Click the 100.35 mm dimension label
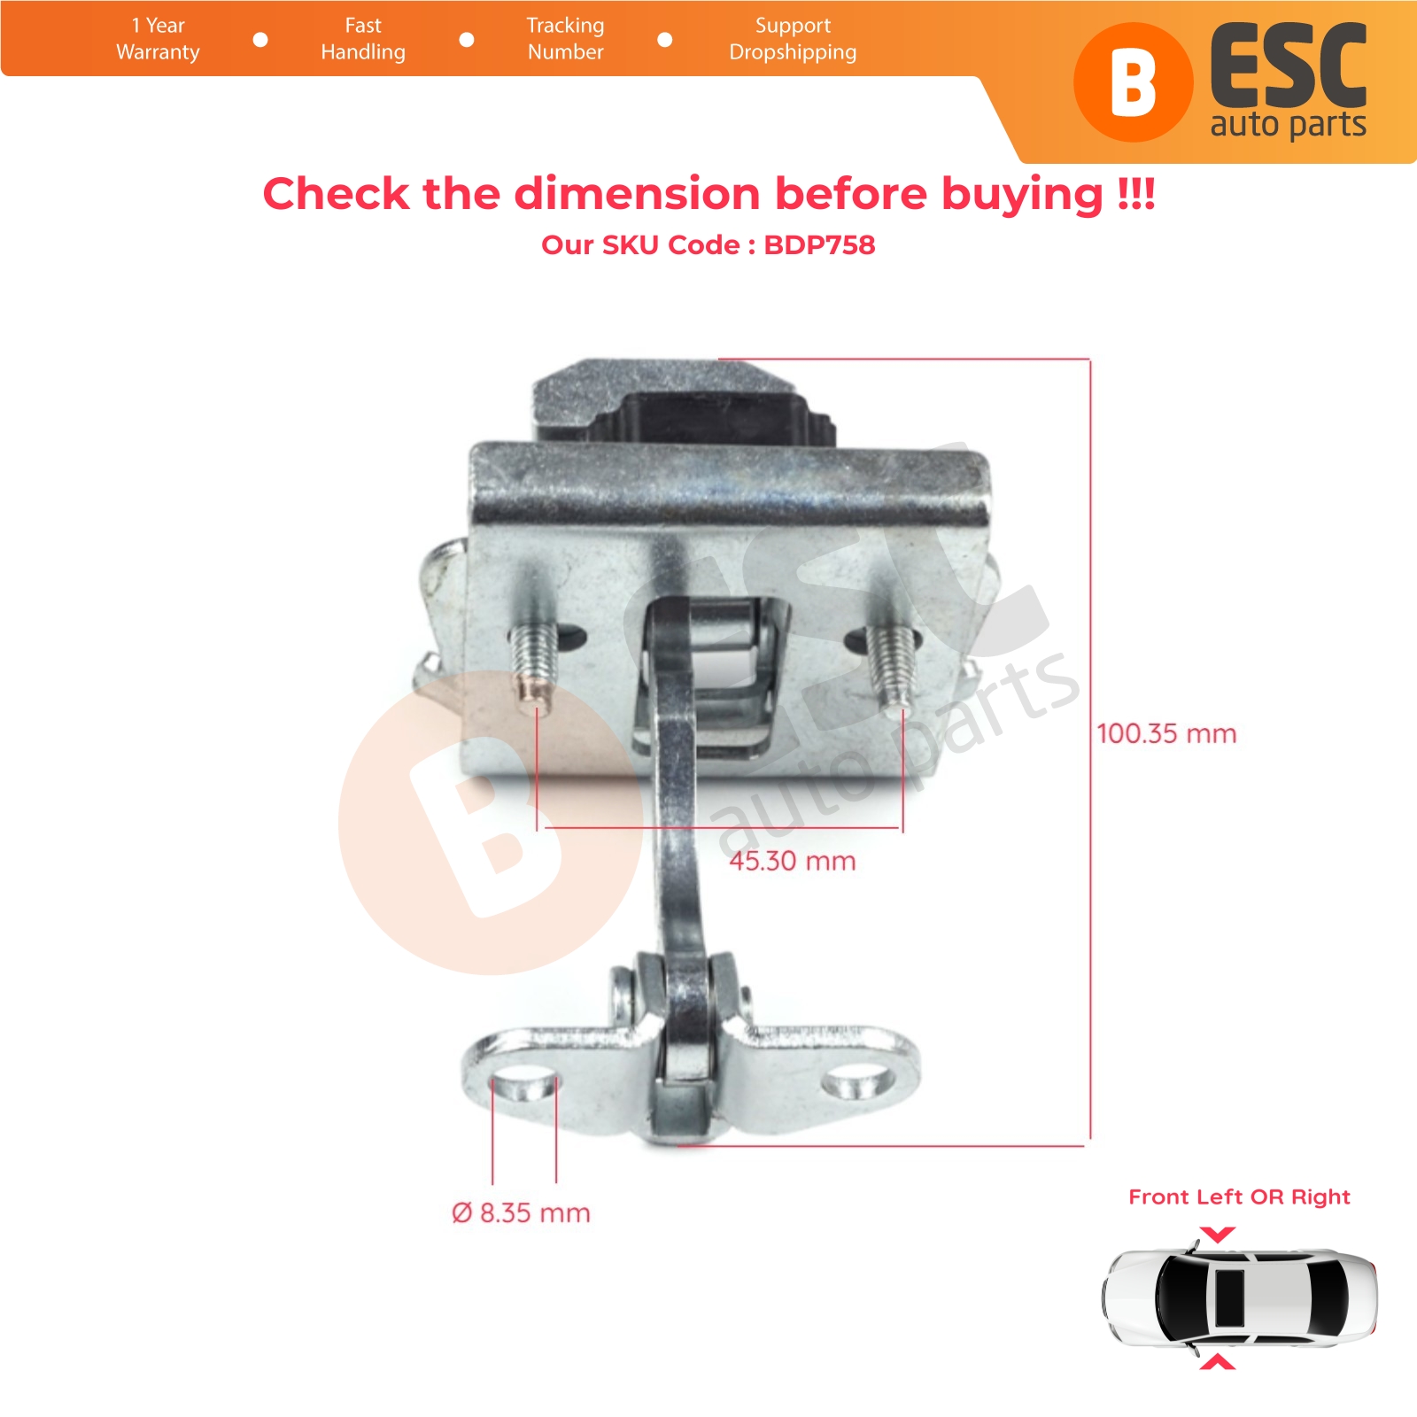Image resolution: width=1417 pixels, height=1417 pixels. (1166, 733)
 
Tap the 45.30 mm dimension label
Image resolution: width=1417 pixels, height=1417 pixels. (793, 861)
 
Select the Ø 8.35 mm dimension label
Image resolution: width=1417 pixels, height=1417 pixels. (521, 1212)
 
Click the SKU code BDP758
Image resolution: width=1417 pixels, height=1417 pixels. (819, 244)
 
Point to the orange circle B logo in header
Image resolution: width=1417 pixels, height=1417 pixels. (1133, 82)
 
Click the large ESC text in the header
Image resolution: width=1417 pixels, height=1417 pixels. (1289, 66)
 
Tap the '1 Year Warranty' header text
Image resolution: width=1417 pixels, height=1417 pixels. (158, 39)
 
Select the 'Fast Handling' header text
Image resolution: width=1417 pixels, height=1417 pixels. (363, 39)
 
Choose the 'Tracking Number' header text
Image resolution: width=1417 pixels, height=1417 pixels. (565, 39)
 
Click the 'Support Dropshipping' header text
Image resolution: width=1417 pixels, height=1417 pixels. (793, 39)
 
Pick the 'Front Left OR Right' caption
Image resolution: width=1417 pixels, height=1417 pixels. (1239, 1197)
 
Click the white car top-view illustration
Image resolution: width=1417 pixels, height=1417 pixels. (1240, 1298)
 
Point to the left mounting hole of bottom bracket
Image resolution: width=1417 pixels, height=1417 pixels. (523, 1085)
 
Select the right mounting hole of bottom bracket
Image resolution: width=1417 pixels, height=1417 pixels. (856, 1082)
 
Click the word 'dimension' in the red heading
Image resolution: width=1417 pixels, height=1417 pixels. (637, 193)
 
